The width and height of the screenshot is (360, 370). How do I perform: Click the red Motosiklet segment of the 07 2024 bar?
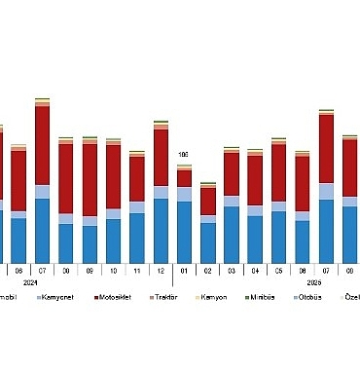point(42,144)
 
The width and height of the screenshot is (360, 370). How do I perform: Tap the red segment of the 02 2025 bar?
point(208,200)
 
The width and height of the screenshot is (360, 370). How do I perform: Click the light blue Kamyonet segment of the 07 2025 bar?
point(326,191)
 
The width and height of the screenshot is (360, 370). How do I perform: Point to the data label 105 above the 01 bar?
point(183,154)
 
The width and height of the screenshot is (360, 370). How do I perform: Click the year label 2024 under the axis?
point(43,280)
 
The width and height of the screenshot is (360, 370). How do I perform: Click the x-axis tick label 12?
point(161,270)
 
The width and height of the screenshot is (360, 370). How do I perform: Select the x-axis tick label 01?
point(184,270)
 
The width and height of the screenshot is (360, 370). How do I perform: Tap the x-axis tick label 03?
point(232,270)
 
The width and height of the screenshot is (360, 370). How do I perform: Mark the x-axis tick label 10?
point(113,270)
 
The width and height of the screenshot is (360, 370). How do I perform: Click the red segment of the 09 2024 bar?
point(90,179)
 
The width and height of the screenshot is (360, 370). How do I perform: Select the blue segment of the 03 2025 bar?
point(232,235)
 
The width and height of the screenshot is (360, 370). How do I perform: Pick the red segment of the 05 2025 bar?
point(278,172)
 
